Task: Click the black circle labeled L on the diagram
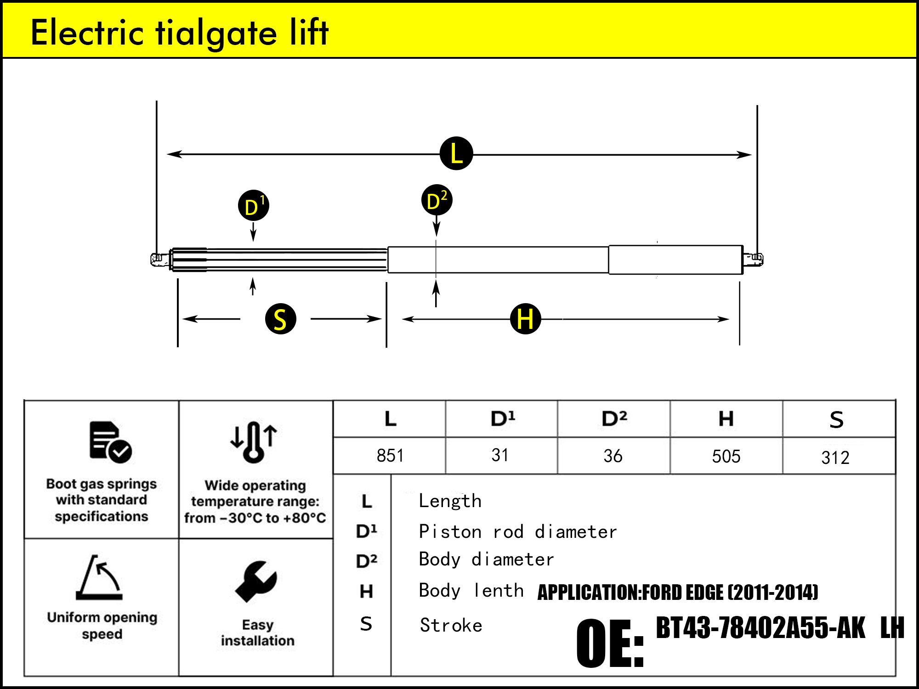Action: [456, 153]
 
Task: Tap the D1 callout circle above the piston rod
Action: [253, 205]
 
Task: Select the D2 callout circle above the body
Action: [437, 200]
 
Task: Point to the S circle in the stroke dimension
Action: [280, 319]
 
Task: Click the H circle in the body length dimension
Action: [525, 318]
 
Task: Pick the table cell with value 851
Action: [390, 456]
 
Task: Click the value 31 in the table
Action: [500, 455]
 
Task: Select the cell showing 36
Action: [613, 456]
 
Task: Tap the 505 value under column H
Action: [726, 456]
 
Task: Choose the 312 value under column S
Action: [835, 457]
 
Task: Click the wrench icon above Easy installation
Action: [256, 581]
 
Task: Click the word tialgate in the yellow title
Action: [216, 33]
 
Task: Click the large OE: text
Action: [610, 643]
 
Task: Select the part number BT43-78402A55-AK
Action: [760, 628]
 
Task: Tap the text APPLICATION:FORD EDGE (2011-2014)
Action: [678, 592]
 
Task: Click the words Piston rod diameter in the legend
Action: [518, 532]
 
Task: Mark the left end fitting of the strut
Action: [157, 259]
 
